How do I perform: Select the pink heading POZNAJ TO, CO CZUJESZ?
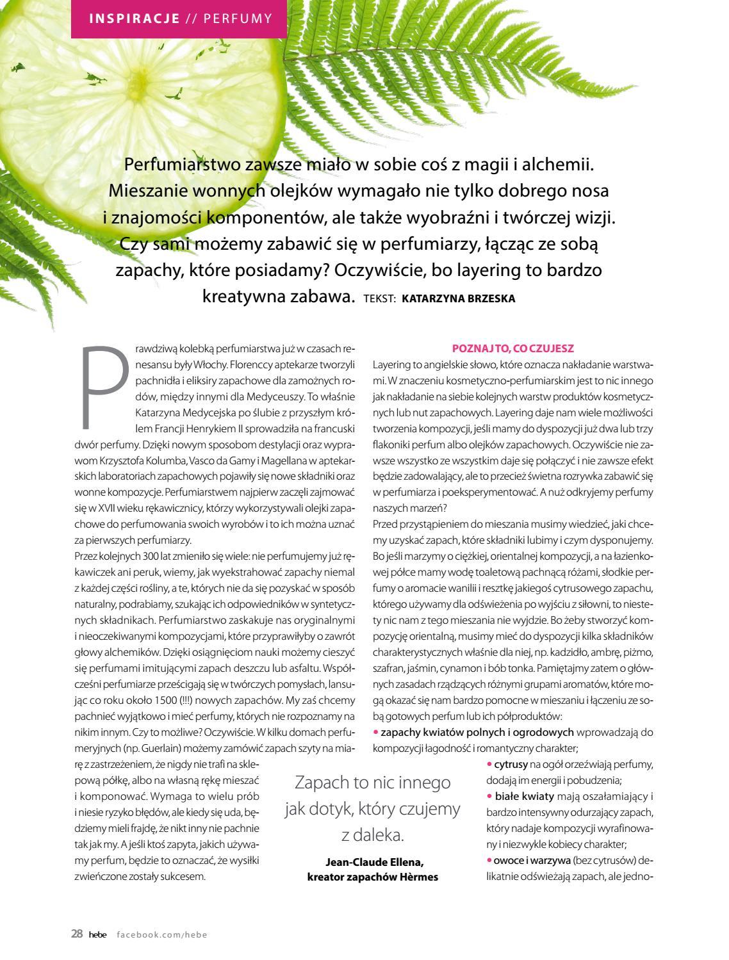tap(513, 349)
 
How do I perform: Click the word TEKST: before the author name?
tap(380, 298)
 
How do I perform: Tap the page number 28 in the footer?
tap(77, 934)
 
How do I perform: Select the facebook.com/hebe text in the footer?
tap(162, 934)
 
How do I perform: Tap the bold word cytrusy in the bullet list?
tap(511, 764)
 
